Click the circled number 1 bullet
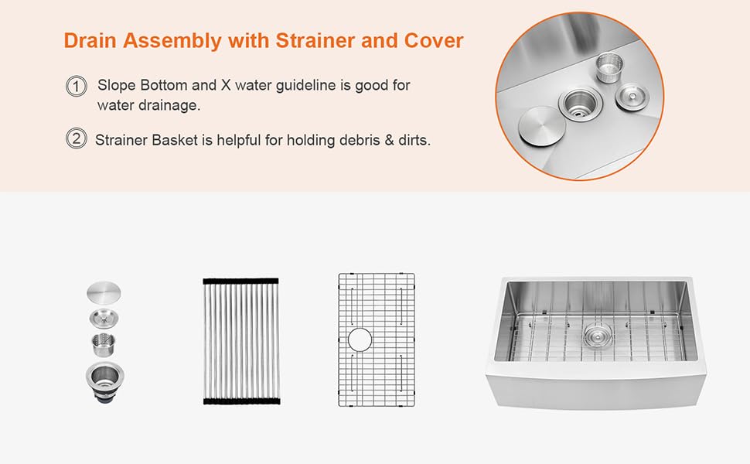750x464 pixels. click(x=76, y=87)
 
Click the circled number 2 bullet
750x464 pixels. click(x=76, y=140)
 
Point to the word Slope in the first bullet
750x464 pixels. click(x=116, y=85)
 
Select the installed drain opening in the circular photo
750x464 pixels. click(x=576, y=102)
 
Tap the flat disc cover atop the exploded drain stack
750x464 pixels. click(x=104, y=294)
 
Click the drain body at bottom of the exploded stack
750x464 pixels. click(x=104, y=380)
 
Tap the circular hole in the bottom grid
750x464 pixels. click(x=360, y=339)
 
